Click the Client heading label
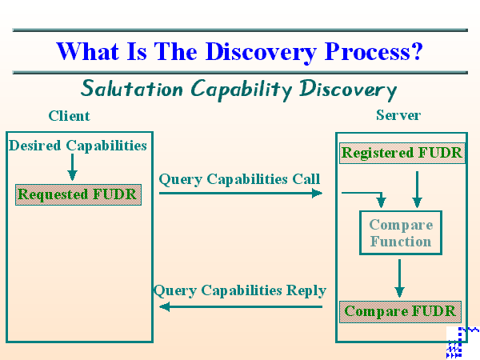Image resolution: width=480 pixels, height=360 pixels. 70,116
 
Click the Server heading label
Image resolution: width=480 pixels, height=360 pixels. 398,115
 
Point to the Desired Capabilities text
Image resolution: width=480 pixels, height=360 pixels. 78,145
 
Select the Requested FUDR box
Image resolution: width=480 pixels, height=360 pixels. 78,194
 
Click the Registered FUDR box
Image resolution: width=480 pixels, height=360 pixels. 402,153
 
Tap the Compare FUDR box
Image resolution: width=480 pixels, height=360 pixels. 401,311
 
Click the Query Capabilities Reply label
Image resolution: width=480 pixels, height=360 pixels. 240,290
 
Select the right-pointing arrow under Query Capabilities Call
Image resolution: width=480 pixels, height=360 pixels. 240,193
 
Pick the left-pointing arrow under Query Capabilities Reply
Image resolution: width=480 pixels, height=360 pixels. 240,306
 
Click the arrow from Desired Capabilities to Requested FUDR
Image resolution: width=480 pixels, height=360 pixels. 72,167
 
